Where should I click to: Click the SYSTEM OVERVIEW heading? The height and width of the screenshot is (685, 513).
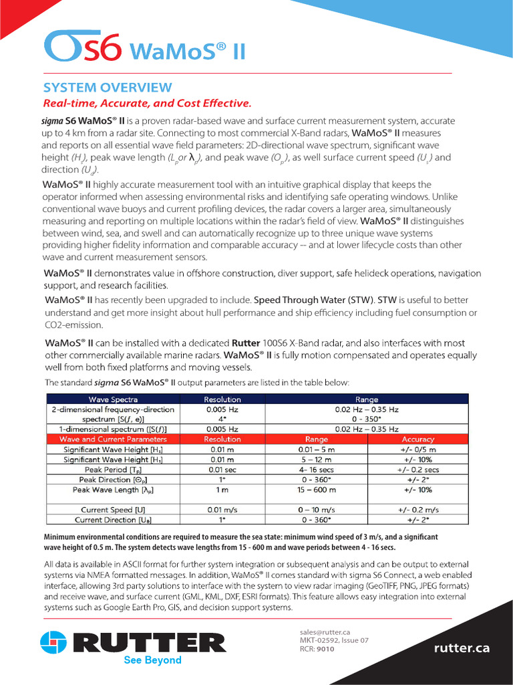click(108, 88)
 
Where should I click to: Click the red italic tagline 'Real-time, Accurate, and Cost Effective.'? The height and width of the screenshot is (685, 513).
click(147, 104)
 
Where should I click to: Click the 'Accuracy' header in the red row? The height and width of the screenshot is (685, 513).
click(418, 439)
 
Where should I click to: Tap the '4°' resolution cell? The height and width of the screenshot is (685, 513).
click(222, 419)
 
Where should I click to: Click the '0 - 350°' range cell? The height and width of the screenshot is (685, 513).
click(366, 419)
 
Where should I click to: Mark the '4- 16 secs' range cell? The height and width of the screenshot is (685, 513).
click(316, 470)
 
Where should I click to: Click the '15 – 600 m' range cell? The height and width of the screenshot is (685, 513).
click(316, 490)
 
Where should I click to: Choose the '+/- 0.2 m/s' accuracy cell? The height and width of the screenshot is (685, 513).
click(418, 510)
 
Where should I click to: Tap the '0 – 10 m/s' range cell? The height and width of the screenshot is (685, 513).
click(316, 510)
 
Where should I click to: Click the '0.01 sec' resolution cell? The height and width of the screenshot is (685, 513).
click(222, 470)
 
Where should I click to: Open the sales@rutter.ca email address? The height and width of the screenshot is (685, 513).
click(325, 632)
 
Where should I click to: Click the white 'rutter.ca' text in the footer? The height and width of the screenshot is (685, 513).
click(462, 648)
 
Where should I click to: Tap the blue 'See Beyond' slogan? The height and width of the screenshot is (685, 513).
click(153, 660)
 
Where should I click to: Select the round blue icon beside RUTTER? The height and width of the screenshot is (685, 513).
click(54, 643)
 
